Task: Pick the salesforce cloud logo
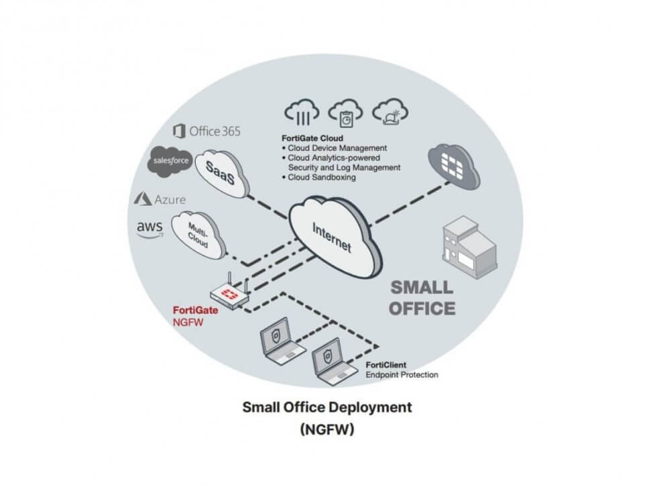tap(171, 162)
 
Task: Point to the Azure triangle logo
tap(143, 199)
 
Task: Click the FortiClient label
tap(387, 365)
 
